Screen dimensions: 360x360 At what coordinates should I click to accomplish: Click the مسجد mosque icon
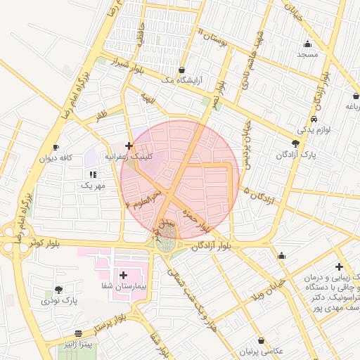(307, 44)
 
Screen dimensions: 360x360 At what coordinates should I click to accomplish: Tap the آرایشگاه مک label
(166, 80)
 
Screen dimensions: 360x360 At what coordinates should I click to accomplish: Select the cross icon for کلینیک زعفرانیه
(129, 146)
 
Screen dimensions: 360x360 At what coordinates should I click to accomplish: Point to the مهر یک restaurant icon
(92, 174)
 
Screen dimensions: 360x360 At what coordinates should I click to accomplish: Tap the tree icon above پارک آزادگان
(296, 143)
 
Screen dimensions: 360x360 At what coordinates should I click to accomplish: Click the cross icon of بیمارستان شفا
(124, 276)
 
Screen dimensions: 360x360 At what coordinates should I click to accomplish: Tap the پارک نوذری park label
(58, 300)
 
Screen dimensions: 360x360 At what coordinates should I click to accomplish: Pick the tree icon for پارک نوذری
(58, 289)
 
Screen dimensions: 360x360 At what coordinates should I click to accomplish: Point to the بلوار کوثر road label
(44, 243)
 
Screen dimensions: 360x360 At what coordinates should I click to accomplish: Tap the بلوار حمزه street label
(195, 218)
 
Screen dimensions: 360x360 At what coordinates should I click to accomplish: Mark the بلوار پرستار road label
(112, 325)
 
